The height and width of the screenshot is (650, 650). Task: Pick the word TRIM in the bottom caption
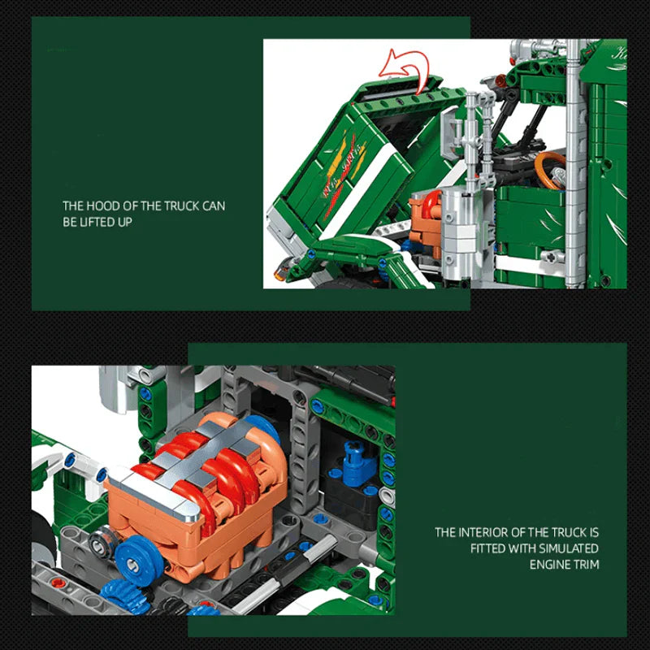click(x=587, y=564)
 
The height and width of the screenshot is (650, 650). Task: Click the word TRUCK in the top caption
click(x=179, y=206)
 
